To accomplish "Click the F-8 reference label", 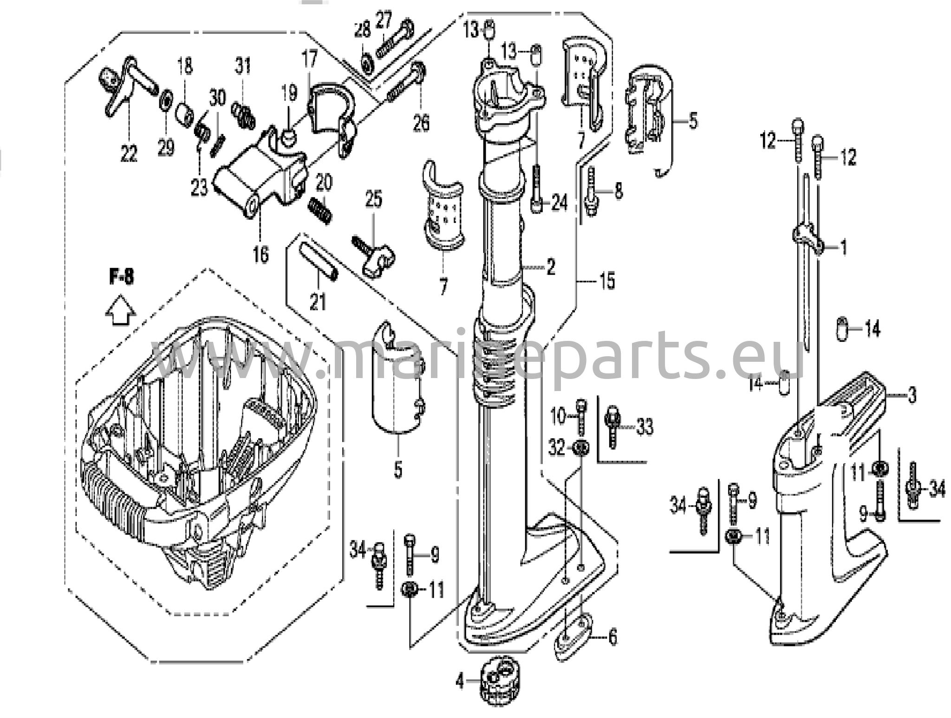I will [x=121, y=277].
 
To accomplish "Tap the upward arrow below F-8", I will [x=120, y=310].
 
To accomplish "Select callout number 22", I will [x=129, y=153].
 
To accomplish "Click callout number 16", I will [x=261, y=254].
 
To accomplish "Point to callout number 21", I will [x=318, y=302].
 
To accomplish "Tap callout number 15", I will [x=607, y=281].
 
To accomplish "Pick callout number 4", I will [x=460, y=682].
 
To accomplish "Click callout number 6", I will [x=612, y=637].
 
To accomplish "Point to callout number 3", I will [x=912, y=395].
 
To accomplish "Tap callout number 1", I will [x=843, y=248].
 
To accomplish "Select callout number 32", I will [x=557, y=448].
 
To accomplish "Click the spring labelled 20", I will [x=321, y=210].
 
